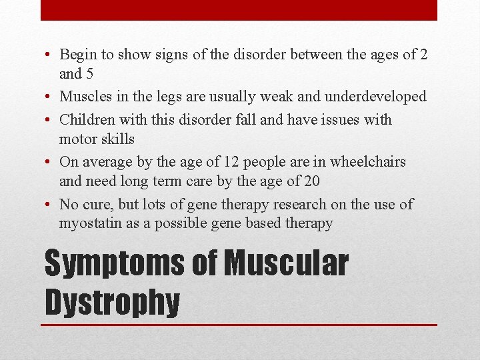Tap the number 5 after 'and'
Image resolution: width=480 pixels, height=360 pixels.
89,74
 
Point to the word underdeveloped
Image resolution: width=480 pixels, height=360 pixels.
375,97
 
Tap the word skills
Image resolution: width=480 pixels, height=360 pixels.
117,139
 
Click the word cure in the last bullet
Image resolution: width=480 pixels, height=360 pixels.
95,205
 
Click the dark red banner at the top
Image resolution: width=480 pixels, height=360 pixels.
239,9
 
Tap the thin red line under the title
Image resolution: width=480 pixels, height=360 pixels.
240,325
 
